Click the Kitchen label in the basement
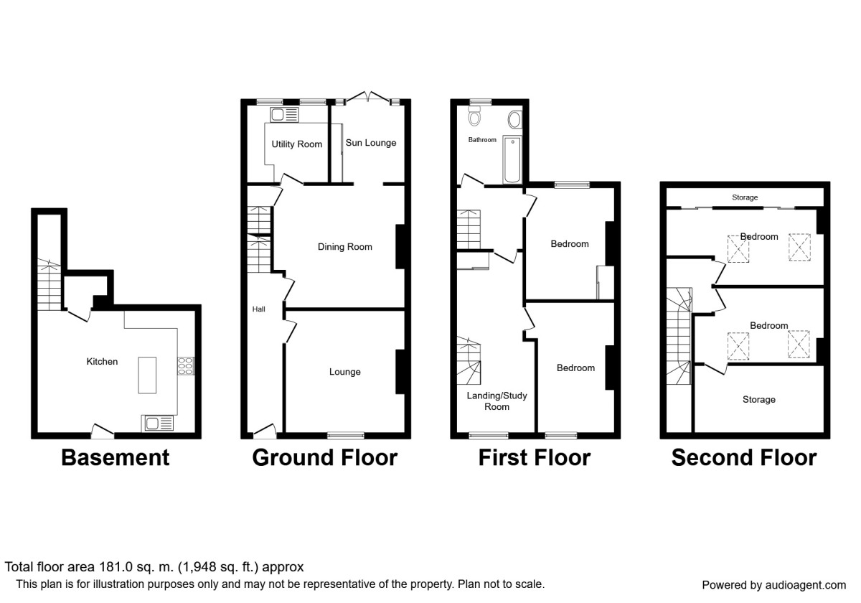[x=102, y=362]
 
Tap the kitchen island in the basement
[x=148, y=374]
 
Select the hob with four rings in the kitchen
[x=186, y=366]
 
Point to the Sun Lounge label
[x=371, y=143]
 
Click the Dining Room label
[x=345, y=247]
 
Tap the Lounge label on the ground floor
[x=345, y=372]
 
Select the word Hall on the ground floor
[x=259, y=309]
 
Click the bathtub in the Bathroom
[x=513, y=159]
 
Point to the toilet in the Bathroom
[x=474, y=117]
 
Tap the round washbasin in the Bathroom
[x=515, y=118]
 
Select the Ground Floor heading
[x=324, y=458]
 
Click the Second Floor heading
[x=743, y=458]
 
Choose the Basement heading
[x=115, y=458]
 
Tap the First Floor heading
[x=535, y=458]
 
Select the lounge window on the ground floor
[x=345, y=434]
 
